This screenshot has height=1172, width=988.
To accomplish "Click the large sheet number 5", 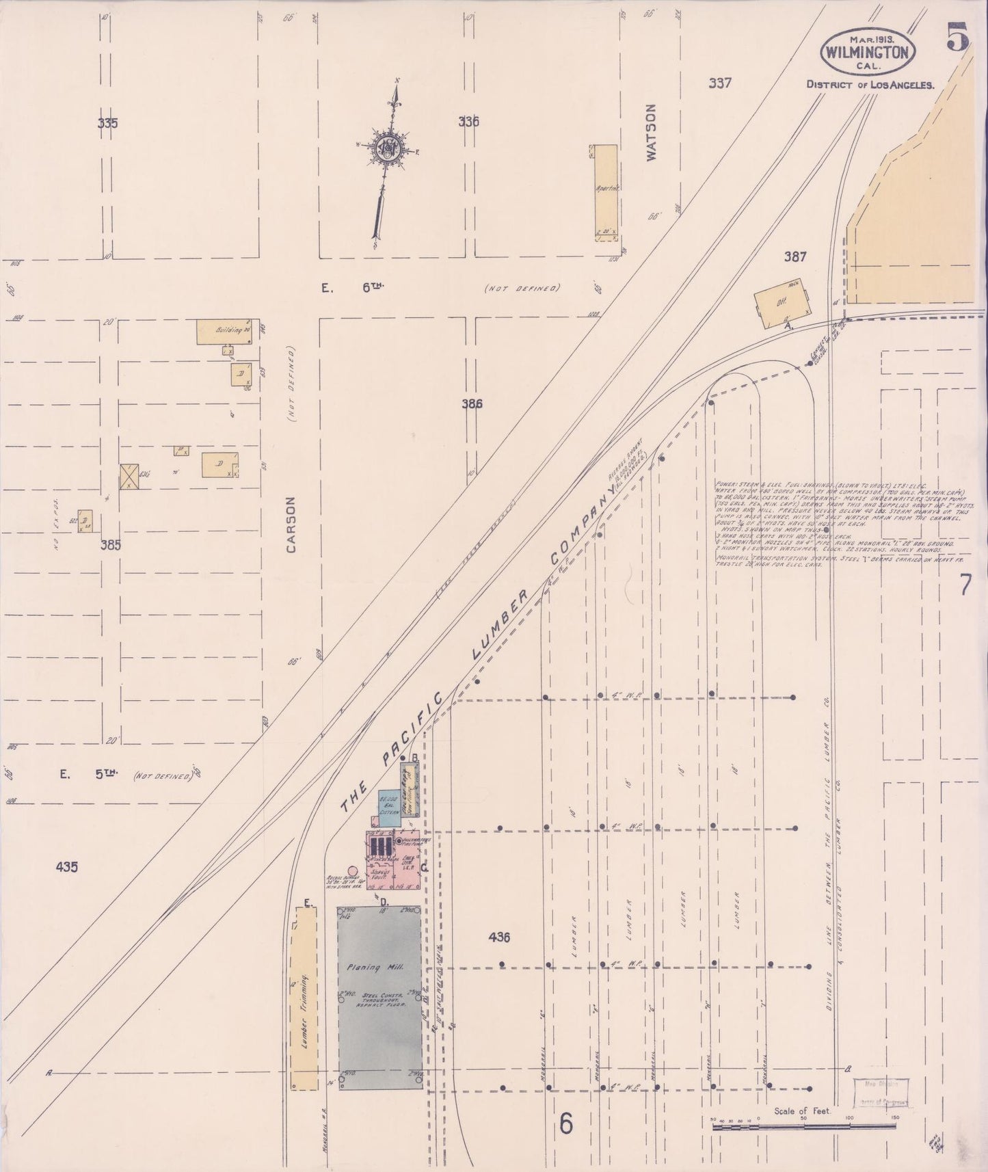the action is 957,38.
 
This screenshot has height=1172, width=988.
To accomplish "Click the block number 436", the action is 499,937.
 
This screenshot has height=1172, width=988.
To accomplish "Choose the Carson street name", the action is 292,524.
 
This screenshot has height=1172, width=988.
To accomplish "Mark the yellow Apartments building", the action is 604,191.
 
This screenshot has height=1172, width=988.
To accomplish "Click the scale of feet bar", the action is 804,1126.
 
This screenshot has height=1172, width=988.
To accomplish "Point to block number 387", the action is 795,257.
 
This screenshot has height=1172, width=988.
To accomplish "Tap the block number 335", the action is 107,124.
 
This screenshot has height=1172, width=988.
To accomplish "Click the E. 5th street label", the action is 89,774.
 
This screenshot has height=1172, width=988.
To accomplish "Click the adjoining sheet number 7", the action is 965,585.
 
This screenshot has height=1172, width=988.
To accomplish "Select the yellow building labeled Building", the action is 228,332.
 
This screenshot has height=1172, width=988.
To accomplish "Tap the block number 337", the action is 720,83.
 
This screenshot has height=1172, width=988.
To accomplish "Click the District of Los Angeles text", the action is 870,85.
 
